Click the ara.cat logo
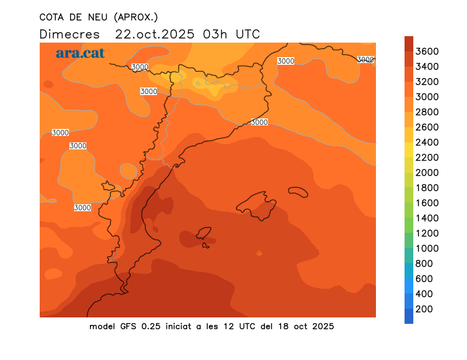pos(80,53)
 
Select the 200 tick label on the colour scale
pos(424,309)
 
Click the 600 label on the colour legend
pos(424,279)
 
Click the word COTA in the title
pos(53,17)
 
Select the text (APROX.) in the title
pos(135,17)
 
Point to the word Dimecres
pos(69,34)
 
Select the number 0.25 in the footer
pos(154,326)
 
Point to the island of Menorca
pos(298,191)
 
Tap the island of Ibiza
pos(204,233)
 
